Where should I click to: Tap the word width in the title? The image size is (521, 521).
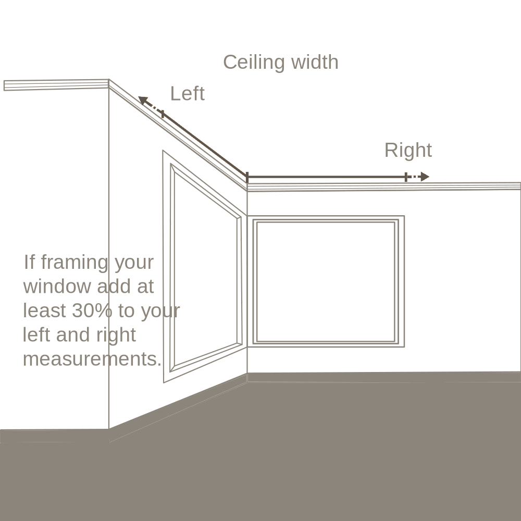click(x=315, y=62)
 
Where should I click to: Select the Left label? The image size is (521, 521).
click(x=188, y=93)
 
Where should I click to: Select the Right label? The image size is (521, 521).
click(x=408, y=150)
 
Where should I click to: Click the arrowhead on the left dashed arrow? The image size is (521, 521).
click(x=143, y=100)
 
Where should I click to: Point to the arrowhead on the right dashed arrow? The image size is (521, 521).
click(x=425, y=177)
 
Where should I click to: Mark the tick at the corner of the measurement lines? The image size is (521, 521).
click(x=247, y=177)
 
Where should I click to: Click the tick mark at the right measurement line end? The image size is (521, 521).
click(x=406, y=177)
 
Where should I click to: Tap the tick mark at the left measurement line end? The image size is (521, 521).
click(x=163, y=114)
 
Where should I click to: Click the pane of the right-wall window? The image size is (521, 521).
click(x=326, y=282)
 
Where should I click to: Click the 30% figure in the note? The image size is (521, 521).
click(x=92, y=311)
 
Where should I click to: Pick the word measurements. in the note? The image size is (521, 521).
click(x=92, y=359)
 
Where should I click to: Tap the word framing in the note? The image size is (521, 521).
click(x=74, y=263)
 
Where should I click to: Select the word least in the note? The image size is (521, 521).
click(x=44, y=311)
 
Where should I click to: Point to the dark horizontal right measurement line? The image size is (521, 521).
click(x=327, y=177)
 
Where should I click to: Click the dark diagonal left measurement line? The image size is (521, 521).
click(x=205, y=145)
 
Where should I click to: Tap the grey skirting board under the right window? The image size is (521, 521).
click(x=384, y=377)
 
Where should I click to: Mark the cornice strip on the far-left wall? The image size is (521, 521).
click(x=56, y=85)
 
